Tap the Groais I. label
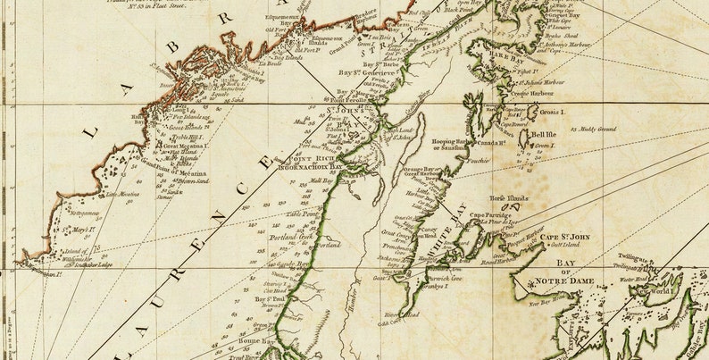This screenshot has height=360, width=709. click(552, 113)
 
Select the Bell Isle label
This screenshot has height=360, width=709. click(544, 135)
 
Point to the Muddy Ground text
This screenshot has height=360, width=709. click(597, 130)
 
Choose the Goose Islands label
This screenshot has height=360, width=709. click(185, 128)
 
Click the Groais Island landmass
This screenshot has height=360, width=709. click(533, 113)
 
